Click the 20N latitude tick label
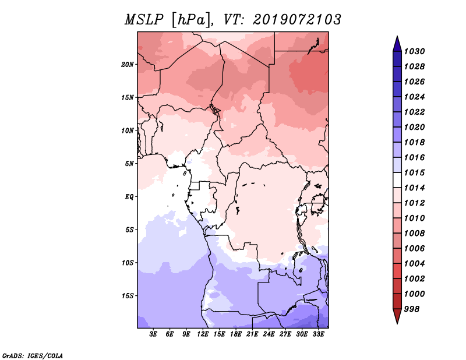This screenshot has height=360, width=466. [x=128, y=65]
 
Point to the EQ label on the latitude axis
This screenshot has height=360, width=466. [x=129, y=197]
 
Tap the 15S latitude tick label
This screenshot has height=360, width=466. [x=128, y=296]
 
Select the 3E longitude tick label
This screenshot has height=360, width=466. [x=153, y=334]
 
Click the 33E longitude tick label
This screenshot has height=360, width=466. [x=318, y=334]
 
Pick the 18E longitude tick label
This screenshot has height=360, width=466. [x=236, y=334]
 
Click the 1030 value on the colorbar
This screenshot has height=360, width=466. [x=414, y=51]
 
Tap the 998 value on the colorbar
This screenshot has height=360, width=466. [x=412, y=309]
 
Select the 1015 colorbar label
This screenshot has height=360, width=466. [x=414, y=172]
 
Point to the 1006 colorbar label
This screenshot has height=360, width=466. [x=414, y=249]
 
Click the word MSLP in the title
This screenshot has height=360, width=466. [x=144, y=20]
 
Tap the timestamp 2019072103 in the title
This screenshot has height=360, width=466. [x=297, y=20]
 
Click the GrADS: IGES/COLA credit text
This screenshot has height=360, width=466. [x=33, y=356]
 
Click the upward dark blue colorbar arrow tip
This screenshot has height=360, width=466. [x=397, y=36]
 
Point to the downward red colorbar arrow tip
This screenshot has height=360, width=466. [x=397, y=323]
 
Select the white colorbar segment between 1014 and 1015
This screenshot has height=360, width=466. [x=397, y=180]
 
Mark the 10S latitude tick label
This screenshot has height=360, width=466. [x=128, y=263]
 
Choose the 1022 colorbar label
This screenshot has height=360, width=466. [x=414, y=112]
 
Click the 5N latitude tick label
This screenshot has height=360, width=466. [x=129, y=164]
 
